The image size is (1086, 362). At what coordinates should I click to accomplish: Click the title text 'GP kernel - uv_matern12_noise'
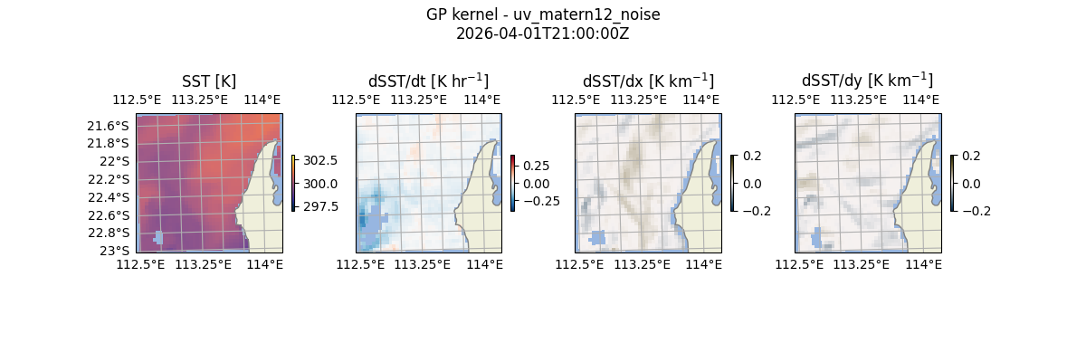pyautogui.click(x=542, y=14)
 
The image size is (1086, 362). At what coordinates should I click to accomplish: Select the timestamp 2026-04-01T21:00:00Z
pyautogui.click(x=542, y=33)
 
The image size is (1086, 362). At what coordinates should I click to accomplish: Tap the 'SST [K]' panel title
pyautogui.click(x=209, y=81)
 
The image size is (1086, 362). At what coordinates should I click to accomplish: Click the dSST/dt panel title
pyautogui.click(x=428, y=81)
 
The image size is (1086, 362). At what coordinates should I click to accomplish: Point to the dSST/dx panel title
pyautogui.click(x=648, y=81)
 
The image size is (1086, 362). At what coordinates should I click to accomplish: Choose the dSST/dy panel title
pyautogui.click(x=867, y=81)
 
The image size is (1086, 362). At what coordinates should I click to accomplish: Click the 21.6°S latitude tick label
pyautogui.click(x=108, y=125)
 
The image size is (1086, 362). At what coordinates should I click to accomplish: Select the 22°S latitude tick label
pyautogui.click(x=115, y=161)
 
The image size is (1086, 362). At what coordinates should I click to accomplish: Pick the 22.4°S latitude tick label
pyautogui.click(x=108, y=197)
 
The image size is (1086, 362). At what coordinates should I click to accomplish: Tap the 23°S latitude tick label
pyautogui.click(x=115, y=251)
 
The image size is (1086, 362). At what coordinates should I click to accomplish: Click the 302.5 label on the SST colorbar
pyautogui.click(x=320, y=160)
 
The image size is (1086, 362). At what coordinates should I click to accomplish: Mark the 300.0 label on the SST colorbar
pyautogui.click(x=320, y=183)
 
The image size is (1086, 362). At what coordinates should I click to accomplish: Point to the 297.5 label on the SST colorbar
pyautogui.click(x=320, y=206)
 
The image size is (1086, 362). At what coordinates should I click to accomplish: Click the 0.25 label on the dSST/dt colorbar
pyautogui.click(x=536, y=166)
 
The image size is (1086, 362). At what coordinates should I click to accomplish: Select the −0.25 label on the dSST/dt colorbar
pyautogui.click(x=540, y=200)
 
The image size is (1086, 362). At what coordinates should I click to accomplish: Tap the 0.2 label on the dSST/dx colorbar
pyautogui.click(x=752, y=156)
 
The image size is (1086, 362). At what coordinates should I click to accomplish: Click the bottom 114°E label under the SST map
pyautogui.click(x=264, y=264)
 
